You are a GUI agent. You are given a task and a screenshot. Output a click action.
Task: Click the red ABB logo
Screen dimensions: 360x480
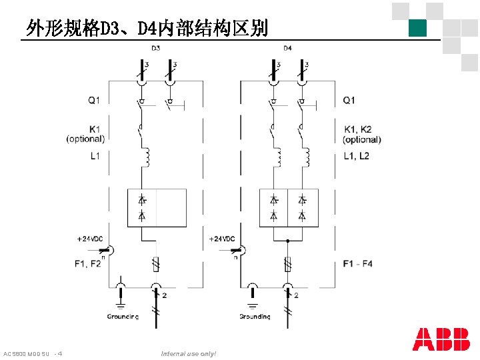tap(441, 339)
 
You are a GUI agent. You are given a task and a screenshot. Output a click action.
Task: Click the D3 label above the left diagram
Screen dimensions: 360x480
tap(155, 48)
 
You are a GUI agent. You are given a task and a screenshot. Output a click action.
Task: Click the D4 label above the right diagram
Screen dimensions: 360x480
tap(287, 48)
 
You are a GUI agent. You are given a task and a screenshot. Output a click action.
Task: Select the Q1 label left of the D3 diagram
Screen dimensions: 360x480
tap(93, 100)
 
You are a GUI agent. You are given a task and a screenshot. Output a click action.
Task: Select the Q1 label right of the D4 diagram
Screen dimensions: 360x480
tap(349, 100)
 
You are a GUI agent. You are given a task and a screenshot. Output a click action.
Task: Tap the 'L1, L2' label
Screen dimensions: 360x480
tap(356, 156)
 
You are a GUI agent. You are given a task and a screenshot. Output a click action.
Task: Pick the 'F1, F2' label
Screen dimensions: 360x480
tap(88, 264)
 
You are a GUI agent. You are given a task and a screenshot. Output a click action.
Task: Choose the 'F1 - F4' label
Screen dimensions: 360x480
tap(358, 264)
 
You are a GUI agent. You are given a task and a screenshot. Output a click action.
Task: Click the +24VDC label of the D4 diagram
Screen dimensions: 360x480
tap(222, 239)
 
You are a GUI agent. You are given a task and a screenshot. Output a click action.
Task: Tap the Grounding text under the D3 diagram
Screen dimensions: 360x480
tap(123, 316)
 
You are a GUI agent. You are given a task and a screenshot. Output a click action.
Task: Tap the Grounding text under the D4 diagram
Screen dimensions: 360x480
tap(255, 316)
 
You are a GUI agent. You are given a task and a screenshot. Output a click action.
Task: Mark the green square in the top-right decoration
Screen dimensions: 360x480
tap(418, 28)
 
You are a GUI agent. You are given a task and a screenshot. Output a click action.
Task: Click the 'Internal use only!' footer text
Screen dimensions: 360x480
tap(189, 353)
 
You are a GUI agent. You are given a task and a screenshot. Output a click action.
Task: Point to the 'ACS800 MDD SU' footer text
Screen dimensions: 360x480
tap(27, 353)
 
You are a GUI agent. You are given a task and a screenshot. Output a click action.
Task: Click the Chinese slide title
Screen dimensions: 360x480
tap(147, 28)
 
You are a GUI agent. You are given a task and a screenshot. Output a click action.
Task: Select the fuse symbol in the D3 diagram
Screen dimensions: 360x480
tap(156, 264)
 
